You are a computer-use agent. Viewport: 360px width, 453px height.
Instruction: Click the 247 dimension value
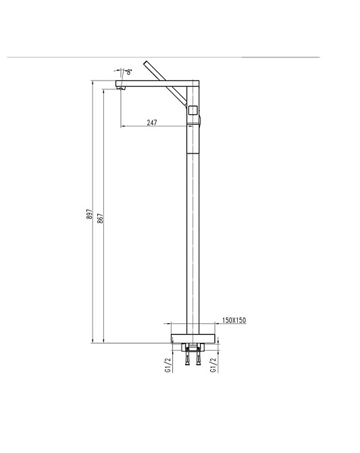pos(152,122)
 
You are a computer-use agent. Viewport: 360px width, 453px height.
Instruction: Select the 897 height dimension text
pos(89,214)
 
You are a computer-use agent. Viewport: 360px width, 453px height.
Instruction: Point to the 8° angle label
pos(128,70)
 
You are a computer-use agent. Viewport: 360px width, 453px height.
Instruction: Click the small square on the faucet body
pos(192,110)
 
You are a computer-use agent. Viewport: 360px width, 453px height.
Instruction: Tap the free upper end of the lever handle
pos(147,62)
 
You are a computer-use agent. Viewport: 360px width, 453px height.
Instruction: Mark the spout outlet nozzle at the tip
pos(123,86)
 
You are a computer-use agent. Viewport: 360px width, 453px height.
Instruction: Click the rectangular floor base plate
pos(192,338)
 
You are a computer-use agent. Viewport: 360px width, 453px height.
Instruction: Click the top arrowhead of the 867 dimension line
pos(103,91)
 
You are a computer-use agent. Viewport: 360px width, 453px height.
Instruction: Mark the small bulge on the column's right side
pos(201,122)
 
